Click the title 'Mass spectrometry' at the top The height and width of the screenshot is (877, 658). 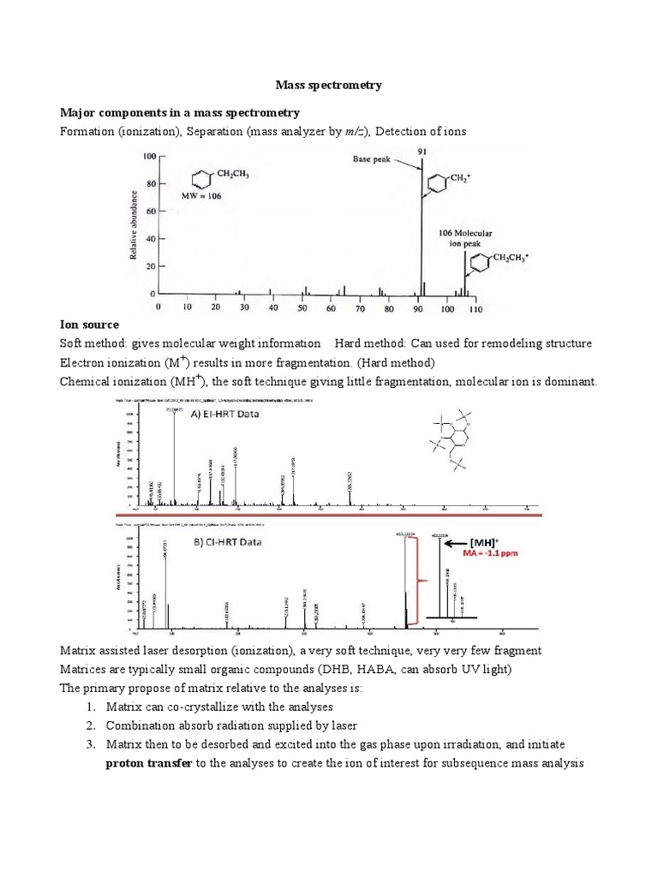(x=328, y=86)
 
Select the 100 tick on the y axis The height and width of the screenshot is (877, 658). (x=150, y=156)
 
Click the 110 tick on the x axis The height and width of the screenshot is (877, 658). (x=476, y=307)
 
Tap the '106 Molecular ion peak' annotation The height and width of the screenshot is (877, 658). (x=464, y=237)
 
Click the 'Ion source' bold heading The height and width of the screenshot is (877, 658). (x=89, y=325)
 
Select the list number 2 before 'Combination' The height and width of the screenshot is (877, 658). (x=90, y=725)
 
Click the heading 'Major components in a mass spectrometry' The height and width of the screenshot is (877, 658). (x=179, y=112)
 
